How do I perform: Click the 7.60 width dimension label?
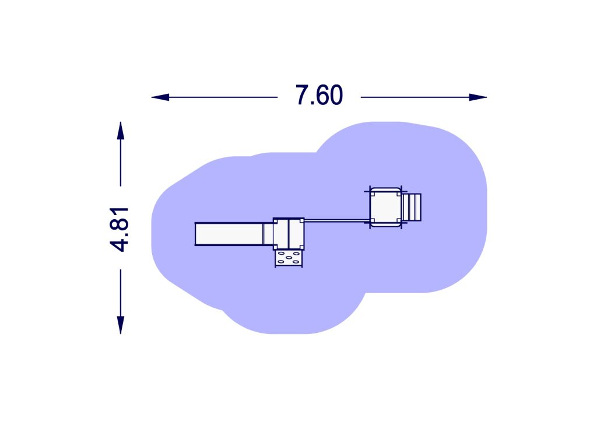[319, 96]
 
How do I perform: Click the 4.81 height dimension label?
[120, 228]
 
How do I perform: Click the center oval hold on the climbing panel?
[289, 259]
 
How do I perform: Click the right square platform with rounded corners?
[385, 207]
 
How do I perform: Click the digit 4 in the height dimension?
[120, 244]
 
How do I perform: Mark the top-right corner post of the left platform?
[301, 221]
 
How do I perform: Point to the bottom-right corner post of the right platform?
[398, 220]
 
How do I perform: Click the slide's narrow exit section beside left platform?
[268, 233]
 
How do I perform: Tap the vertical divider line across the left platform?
[289, 233]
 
